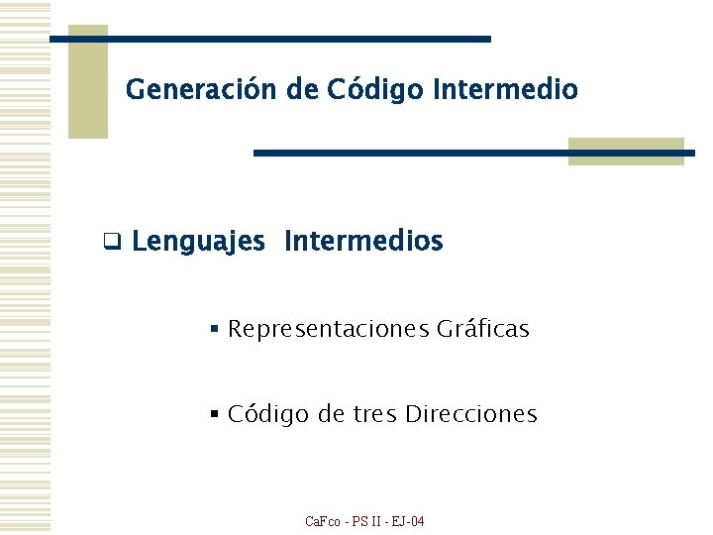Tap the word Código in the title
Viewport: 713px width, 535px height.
coord(372,90)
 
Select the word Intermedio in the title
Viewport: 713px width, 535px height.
coord(505,90)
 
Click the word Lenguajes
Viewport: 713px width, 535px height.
coord(198,242)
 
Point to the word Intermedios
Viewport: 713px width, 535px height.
coord(363,241)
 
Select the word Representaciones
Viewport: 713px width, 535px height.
coord(328,329)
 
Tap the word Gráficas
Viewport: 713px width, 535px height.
coord(482,328)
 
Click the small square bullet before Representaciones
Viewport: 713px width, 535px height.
coord(214,329)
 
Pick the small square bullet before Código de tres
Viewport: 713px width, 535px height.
coord(214,415)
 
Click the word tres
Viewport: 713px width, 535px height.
coord(374,414)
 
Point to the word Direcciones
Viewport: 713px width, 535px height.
coord(471,414)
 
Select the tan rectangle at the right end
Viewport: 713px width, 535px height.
coord(626,151)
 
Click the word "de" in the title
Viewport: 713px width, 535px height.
coord(302,90)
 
